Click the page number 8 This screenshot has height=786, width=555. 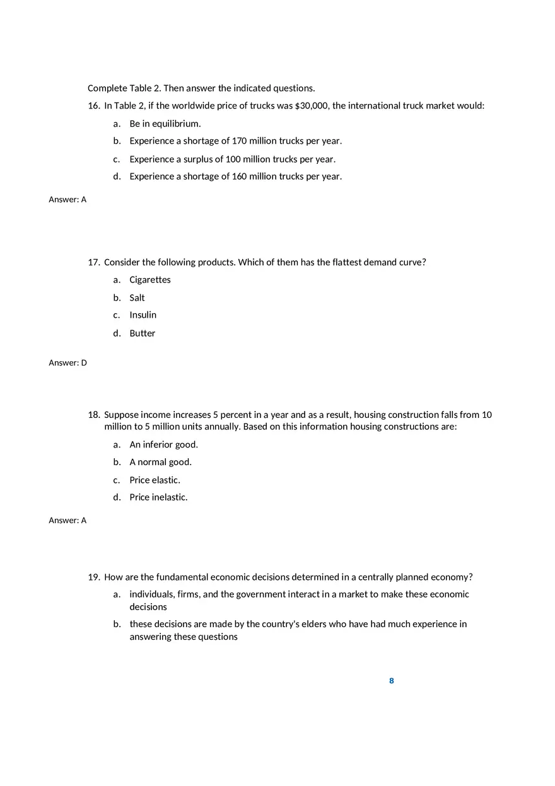[x=392, y=681]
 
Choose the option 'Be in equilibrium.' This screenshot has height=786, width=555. [x=165, y=124]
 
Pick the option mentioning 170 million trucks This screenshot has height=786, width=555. [x=235, y=141]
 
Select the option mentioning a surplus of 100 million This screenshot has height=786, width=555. [x=232, y=159]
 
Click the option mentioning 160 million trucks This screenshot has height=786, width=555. [x=235, y=176]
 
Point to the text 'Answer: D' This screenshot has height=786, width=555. [x=68, y=363]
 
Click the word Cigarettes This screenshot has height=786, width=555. [x=150, y=280]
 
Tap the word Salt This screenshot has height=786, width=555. [x=137, y=298]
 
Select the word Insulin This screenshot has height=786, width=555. [x=143, y=315]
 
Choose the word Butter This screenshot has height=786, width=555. [x=143, y=333]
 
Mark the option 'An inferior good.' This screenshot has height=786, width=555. [x=164, y=445]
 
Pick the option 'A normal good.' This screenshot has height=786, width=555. [x=161, y=462]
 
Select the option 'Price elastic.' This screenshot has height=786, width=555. [x=155, y=480]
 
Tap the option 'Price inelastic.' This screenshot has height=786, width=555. [x=159, y=497]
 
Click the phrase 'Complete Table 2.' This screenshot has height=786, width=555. [x=124, y=88]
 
